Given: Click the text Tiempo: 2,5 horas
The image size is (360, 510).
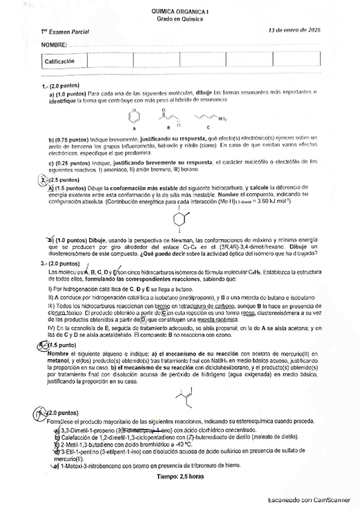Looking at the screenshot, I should point(180,476).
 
